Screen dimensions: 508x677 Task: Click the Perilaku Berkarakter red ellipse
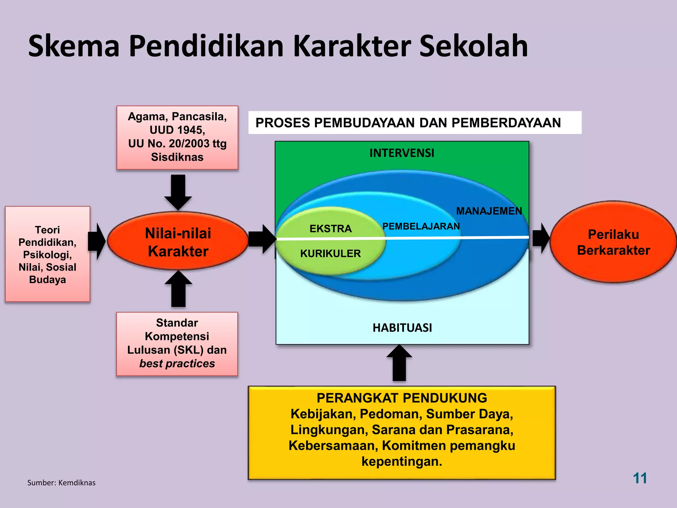(614, 242)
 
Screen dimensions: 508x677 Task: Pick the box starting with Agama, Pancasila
(177, 137)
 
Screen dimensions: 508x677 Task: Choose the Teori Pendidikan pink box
(48, 254)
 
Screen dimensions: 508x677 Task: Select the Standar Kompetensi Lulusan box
(177, 343)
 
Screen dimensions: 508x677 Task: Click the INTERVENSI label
(402, 153)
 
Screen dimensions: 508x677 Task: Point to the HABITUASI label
(402, 328)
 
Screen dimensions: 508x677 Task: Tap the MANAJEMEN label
(489, 211)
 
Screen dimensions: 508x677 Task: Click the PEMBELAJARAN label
(421, 226)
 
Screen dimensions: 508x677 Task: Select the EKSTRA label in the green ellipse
(330, 229)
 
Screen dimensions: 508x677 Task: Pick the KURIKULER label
(330, 254)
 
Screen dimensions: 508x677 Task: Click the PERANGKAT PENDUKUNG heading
(402, 398)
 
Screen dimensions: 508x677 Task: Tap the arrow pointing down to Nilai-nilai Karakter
(178, 191)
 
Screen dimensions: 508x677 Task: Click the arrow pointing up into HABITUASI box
(399, 363)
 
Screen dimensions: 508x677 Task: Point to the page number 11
(640, 478)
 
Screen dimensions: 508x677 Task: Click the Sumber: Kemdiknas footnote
(61, 483)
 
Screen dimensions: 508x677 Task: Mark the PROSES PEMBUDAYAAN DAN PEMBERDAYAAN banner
(408, 123)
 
